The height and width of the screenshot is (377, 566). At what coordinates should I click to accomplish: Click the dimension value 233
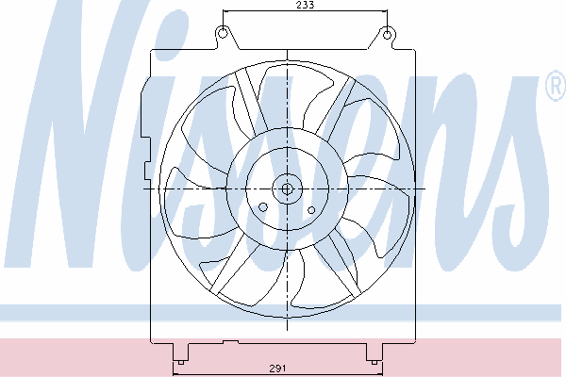[x=305, y=5]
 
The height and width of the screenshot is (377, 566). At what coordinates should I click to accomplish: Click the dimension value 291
[x=278, y=369]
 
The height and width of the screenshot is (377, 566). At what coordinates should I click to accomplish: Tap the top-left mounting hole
[x=223, y=33]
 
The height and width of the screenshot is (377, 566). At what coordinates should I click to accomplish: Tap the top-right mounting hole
[x=387, y=35]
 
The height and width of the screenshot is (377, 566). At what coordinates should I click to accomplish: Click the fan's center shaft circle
[x=287, y=188]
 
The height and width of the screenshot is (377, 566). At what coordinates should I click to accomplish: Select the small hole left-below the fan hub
[x=263, y=207]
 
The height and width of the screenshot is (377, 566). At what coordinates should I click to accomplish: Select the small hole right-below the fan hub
[x=311, y=210]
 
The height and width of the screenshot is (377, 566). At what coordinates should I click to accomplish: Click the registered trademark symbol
[x=557, y=85]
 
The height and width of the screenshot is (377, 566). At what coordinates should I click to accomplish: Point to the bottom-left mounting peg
[x=180, y=362]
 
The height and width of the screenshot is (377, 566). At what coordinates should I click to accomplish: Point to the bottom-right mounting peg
[x=375, y=362]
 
